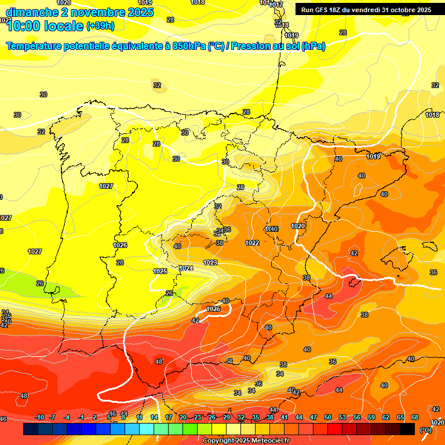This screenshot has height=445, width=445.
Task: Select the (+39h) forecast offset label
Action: (100, 25)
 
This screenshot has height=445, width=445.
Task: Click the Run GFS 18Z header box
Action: (366, 10)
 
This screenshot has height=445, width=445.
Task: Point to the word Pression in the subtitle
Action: (250, 46)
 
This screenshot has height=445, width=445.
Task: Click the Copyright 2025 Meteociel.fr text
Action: (246, 441)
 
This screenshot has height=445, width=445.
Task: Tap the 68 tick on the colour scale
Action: (415, 417)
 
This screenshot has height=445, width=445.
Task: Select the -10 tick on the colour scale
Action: (40, 417)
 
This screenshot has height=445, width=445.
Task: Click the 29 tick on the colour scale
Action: (227, 417)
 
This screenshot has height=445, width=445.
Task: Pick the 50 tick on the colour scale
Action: (328, 417)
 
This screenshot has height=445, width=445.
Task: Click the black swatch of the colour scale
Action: (407, 429)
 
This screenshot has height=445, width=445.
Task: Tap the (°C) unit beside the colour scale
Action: (426, 429)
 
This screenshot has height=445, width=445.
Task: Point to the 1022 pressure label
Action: (252, 243)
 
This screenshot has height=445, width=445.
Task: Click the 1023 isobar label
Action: (210, 262)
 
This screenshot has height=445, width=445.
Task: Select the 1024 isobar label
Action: (186, 268)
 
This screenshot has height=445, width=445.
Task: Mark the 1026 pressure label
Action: (120, 245)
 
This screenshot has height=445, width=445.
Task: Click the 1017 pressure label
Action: (276, 5)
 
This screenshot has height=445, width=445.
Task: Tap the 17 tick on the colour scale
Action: (169, 417)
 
